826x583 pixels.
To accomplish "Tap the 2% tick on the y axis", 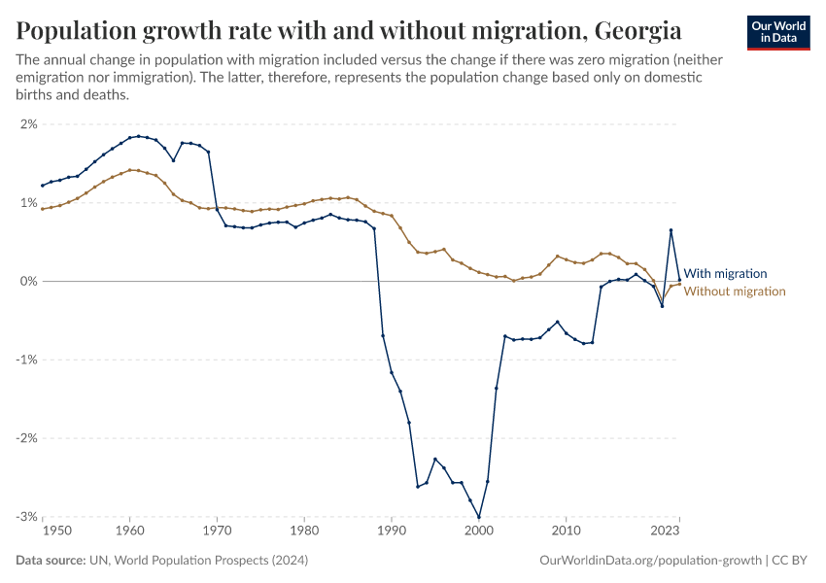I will pos(27,124).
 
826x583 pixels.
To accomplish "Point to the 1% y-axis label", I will pos(27,203).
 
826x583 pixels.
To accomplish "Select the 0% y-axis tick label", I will pos(27,281).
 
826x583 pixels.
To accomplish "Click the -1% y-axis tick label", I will pos(25,360).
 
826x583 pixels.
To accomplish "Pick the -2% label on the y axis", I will pos(25,438).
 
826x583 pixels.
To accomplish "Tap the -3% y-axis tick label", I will pos(25,516).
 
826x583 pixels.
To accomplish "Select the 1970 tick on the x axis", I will pos(217,532).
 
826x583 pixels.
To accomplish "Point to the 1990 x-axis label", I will pos(392,532).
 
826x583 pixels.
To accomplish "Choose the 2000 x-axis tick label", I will pos(479,532).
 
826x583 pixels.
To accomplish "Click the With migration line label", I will pos(725,274).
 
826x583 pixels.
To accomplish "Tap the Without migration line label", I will pos(735,291).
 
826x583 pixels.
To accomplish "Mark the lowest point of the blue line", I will pos(479,517).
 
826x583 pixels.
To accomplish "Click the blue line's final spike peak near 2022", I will pos(671,230).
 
